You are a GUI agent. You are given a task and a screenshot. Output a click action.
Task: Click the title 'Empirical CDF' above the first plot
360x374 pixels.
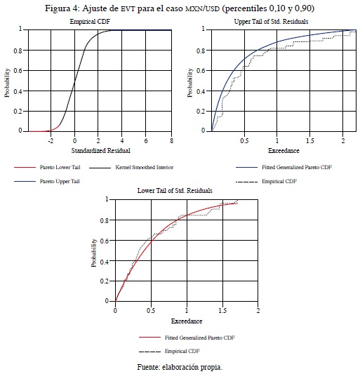[90, 22]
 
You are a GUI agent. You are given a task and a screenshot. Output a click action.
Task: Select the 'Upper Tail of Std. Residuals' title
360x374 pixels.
[272, 22]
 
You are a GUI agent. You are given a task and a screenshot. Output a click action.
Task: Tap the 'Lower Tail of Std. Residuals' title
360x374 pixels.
[175, 191]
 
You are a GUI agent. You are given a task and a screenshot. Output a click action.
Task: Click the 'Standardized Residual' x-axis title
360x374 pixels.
[101, 150]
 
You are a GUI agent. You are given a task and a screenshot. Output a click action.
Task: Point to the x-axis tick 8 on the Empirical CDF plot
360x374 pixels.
[171, 141]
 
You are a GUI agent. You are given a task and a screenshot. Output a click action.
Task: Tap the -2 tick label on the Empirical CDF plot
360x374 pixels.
[51, 141]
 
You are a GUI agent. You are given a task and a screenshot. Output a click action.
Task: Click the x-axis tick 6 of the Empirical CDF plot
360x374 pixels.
[146, 141]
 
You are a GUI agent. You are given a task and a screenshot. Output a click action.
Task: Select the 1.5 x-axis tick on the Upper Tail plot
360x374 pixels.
[310, 141]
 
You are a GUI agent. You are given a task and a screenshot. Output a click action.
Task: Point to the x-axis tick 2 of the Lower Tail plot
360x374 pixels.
[258, 311]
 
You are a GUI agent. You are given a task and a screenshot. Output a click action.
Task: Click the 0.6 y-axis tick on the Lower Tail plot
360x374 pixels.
[105, 241]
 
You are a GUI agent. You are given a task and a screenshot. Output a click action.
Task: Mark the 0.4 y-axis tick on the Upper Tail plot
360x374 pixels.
[201, 91]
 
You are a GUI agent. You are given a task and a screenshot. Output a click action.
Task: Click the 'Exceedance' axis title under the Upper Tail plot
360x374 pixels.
[284, 150]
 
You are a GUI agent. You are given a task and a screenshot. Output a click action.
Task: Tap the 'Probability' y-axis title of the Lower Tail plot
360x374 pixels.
[94, 253]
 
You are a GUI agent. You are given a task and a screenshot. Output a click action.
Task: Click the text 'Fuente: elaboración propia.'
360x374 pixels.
[180, 367]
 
